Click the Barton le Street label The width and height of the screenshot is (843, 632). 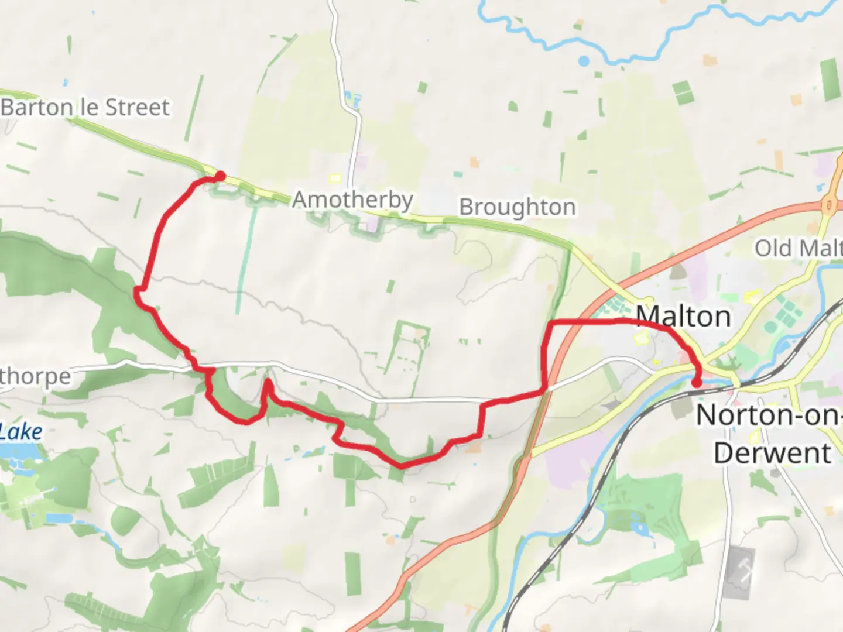coord(85,108)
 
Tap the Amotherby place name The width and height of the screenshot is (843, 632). coord(352,200)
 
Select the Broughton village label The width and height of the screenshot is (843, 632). coord(517,208)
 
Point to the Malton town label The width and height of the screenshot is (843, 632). coord(683,317)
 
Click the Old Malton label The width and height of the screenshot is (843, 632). coord(798,248)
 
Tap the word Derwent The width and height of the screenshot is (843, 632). coord(772,454)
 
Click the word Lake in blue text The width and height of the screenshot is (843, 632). coord(21,432)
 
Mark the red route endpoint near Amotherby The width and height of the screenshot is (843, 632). coord(220,175)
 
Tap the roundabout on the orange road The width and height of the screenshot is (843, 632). coord(830,204)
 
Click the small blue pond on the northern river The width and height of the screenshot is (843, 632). coord(584,61)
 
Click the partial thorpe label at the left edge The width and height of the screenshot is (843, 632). coord(35,377)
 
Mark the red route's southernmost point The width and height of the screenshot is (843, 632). coord(402,466)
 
